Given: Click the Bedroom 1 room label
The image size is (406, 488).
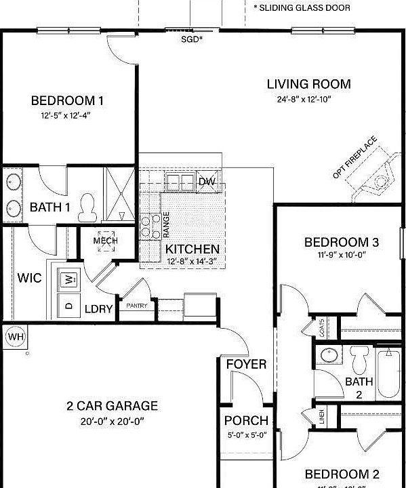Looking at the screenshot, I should point(67,101).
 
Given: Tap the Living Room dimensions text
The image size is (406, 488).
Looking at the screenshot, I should point(308,99).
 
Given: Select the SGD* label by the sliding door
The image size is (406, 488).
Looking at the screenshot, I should point(192,39).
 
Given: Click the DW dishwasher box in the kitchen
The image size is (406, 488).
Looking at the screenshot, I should point(206,181).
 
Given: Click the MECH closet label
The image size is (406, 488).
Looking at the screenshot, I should point(106,241).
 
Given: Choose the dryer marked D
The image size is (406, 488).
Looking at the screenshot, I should point(68,305).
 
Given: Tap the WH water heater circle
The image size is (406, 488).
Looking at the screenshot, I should point(14,336).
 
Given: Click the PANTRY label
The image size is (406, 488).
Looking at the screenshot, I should point(136,306).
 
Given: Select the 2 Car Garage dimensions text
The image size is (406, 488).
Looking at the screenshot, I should point(112,421).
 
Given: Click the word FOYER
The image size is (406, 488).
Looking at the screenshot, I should point(246,365).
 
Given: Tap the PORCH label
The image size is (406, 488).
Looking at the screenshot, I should point(246,420).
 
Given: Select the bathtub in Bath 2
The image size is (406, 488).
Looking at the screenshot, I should point(388,373).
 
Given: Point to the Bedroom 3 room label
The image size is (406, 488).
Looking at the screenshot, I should point(341,242).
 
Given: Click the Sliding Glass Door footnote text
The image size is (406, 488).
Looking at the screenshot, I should point(302,7).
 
